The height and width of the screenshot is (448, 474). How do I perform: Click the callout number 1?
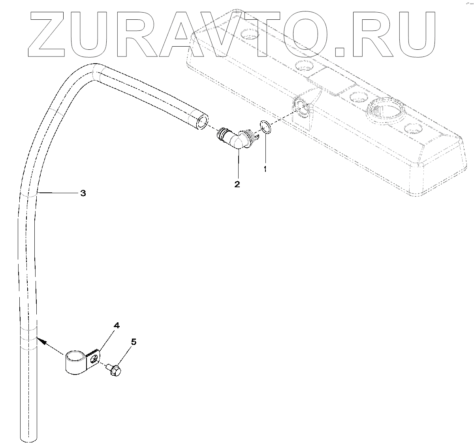265,169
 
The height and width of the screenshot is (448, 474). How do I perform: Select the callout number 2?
237,184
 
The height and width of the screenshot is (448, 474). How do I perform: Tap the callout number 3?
83,193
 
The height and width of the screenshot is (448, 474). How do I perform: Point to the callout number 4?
116,326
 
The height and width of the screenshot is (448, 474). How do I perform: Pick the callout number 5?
134,342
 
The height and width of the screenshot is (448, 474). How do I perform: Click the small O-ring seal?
265,128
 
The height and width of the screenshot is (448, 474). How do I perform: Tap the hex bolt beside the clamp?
114,370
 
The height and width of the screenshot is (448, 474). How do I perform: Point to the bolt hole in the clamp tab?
94,359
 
